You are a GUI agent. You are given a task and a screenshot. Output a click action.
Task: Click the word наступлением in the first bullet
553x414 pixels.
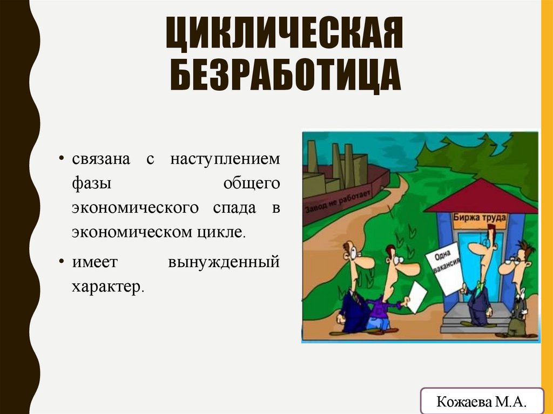click(x=225, y=160)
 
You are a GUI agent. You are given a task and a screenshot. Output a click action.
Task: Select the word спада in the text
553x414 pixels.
click(x=230, y=208)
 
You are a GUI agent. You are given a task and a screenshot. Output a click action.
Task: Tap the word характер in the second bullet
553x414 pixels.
click(x=106, y=286)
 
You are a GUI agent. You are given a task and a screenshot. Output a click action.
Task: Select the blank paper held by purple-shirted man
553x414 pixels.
click(x=416, y=297)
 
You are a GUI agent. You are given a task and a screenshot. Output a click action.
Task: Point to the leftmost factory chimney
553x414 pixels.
click(x=312, y=157)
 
